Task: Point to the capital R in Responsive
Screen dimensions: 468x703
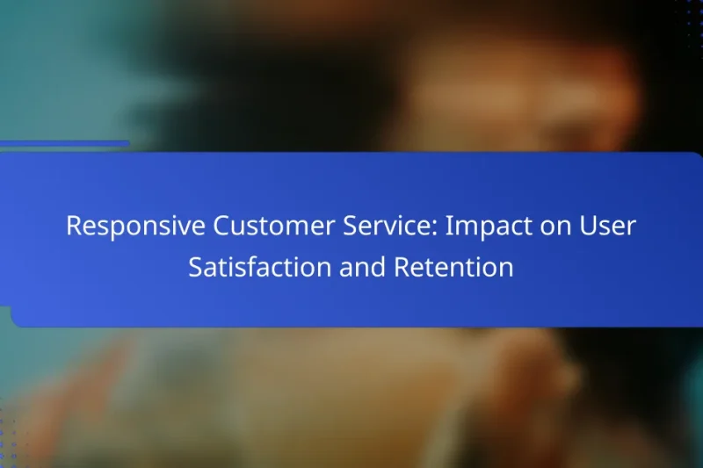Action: (x=74, y=226)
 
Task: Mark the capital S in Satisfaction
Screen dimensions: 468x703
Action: (x=195, y=267)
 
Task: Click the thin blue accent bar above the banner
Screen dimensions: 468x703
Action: (x=65, y=143)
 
